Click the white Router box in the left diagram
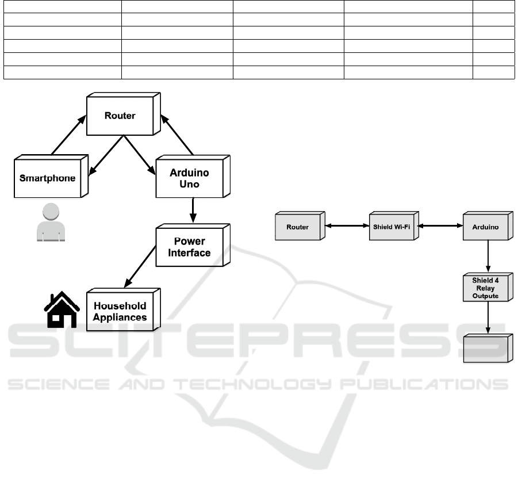coord(124,114)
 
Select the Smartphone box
coord(51,176)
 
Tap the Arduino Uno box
coord(193,177)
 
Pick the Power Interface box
coord(193,245)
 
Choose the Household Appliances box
coord(124,309)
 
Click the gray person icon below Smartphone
coord(51,222)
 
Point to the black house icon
coord(62,309)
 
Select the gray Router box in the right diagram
coord(300,225)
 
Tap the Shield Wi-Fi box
coord(394,225)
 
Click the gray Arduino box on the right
coord(488,225)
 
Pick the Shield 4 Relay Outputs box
coord(488,287)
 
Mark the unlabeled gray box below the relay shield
coord(488,349)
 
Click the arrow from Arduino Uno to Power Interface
coord(193,210)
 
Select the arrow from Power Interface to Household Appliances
coord(140,267)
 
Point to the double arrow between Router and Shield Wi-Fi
coord(347,225)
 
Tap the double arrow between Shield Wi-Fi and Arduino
coord(441,225)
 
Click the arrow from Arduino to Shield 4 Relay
coord(488,256)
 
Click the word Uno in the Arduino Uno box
coord(189,184)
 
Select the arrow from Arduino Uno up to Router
coord(176,135)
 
